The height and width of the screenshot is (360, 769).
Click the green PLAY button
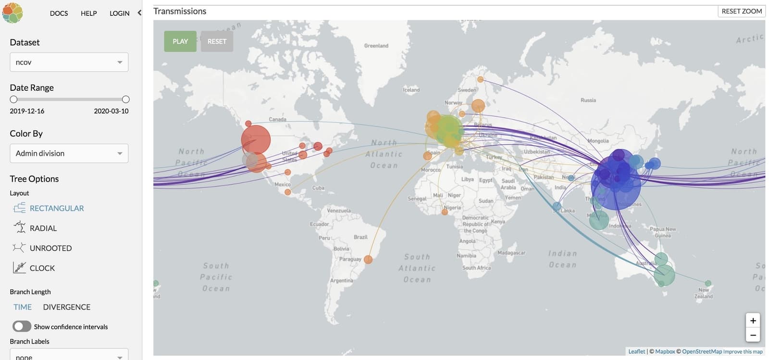[180, 41]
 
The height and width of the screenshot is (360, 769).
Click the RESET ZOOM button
[741, 11]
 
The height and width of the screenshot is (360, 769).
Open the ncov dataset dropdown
[69, 62]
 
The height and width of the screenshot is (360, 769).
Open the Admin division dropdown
[69, 153]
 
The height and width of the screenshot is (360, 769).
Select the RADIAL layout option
[43, 228]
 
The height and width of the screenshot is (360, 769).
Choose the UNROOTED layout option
[50, 248]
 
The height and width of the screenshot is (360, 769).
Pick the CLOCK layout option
[42, 268]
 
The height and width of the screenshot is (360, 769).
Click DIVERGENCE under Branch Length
[66, 307]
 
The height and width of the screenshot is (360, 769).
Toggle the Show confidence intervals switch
[22, 327]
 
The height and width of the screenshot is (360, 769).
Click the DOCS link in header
[59, 13]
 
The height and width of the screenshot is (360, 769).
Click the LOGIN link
[119, 13]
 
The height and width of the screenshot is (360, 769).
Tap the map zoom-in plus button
[753, 321]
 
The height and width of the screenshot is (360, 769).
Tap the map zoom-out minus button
[753, 335]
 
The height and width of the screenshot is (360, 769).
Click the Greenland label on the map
[376, 46]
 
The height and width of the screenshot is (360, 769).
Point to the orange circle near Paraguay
[368, 260]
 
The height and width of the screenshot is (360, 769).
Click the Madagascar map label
[511, 253]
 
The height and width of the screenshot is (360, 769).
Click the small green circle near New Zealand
[707, 284]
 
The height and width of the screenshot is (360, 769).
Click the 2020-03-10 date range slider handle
[125, 99]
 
